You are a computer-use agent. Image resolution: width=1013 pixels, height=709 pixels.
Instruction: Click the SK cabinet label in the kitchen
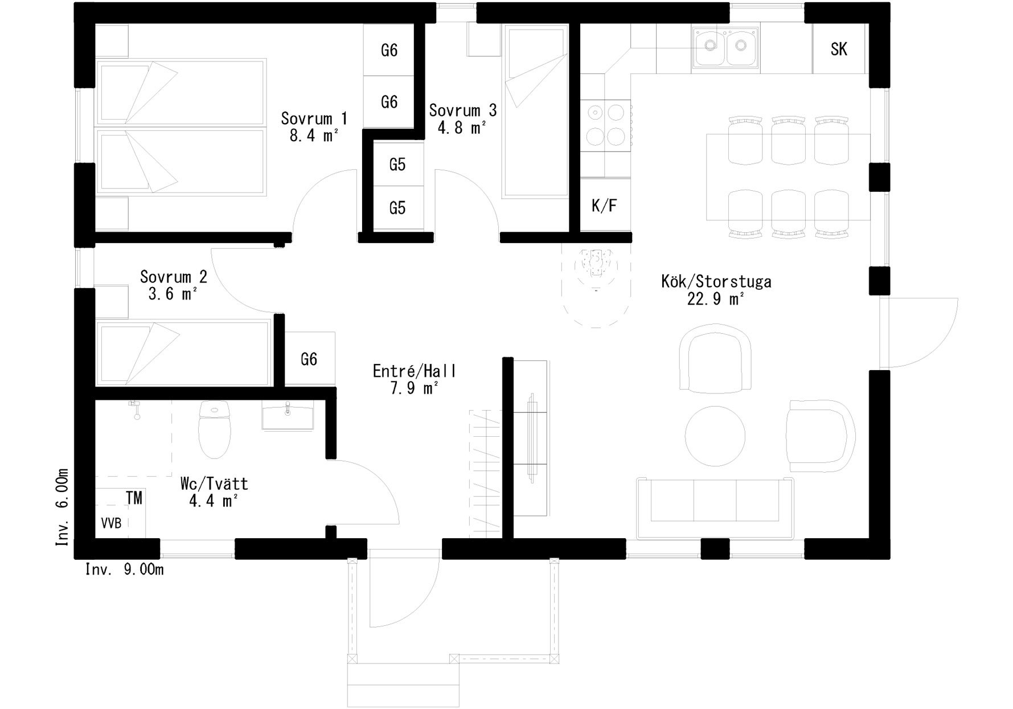point(839,50)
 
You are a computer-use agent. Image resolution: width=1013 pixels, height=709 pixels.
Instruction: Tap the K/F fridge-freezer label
point(604,206)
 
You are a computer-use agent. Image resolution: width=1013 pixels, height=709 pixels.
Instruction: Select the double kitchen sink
point(725,49)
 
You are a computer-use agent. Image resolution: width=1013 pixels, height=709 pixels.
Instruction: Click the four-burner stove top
point(605,126)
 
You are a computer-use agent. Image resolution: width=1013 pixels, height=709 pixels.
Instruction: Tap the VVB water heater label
point(111,523)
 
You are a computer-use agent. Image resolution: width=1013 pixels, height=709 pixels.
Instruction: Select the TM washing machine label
point(134,498)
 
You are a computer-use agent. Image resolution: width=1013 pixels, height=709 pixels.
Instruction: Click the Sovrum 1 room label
point(314,118)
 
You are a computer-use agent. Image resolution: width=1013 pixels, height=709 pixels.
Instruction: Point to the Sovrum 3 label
point(462,110)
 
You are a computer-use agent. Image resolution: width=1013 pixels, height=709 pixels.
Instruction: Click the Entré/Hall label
point(415,371)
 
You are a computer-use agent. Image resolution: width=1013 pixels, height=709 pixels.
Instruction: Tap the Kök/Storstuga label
point(716,281)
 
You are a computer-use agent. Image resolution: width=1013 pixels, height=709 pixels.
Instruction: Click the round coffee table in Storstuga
point(715,436)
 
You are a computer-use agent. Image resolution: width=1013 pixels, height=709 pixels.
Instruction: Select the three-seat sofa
point(715,509)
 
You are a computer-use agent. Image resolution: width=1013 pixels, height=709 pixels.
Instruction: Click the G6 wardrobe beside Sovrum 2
point(309,359)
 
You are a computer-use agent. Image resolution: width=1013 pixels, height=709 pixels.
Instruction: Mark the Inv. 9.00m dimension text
point(125,569)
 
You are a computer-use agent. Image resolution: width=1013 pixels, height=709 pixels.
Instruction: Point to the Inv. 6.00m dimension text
point(62,507)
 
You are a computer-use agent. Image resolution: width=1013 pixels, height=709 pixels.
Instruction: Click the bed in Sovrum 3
point(535,111)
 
